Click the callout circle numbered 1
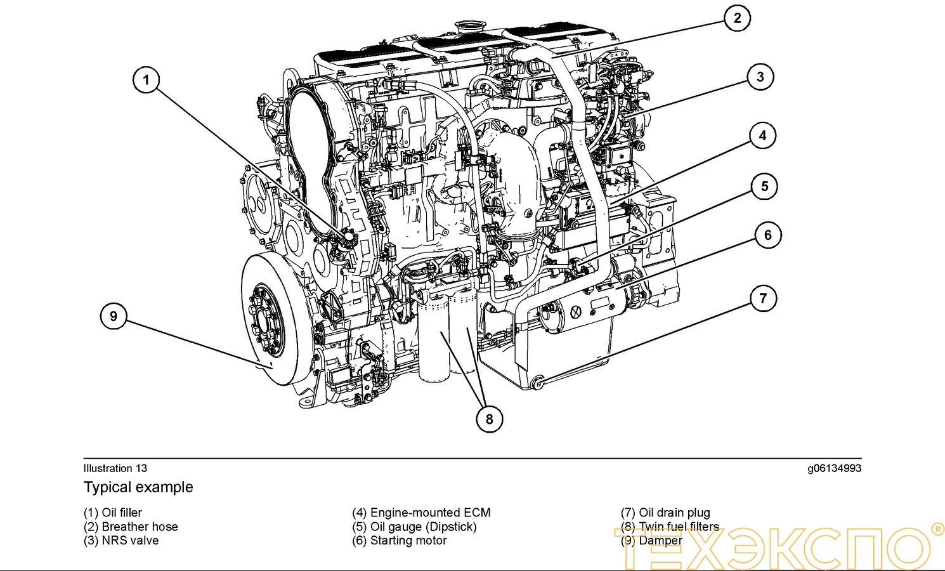click(x=146, y=80)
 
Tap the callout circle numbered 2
click(x=737, y=18)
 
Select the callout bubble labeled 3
click(x=760, y=77)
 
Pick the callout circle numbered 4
click(x=762, y=135)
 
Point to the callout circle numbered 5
click(x=764, y=187)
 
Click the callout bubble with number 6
click(x=767, y=235)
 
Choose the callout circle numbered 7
click(x=763, y=298)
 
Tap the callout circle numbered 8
click(x=489, y=419)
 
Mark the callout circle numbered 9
click(x=114, y=316)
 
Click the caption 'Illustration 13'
click(x=115, y=468)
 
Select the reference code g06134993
click(x=834, y=468)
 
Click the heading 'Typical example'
click(x=138, y=487)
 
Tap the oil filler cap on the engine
click(x=348, y=239)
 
